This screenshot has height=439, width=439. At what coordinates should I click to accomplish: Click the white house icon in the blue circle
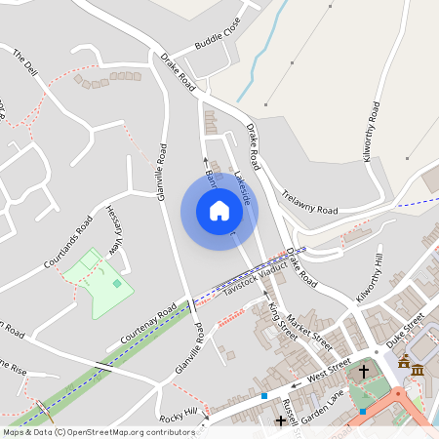point(219,211)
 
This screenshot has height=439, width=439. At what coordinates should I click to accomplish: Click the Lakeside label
point(247,185)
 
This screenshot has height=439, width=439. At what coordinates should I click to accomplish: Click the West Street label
point(328,371)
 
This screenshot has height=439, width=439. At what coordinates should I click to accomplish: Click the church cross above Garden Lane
point(364,372)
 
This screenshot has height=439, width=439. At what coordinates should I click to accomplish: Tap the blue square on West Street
point(264,396)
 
